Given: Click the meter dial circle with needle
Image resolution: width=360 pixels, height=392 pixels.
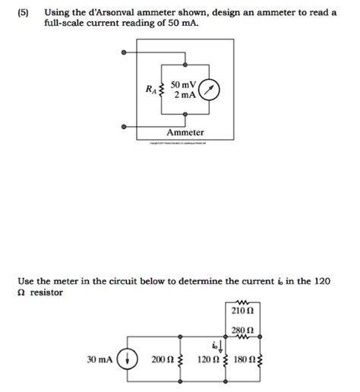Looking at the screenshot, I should [210, 90].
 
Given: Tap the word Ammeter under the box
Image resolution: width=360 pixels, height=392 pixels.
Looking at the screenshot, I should [185, 131].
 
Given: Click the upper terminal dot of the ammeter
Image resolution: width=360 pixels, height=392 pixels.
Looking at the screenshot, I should [124, 53].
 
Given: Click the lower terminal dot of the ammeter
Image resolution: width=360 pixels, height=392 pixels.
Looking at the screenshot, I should [124, 126].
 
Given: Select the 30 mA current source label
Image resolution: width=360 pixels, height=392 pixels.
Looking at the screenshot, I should [101, 359].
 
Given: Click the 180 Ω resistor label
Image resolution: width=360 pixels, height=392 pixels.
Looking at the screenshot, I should [247, 359].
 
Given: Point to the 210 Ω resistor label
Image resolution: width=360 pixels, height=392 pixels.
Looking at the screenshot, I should [242, 310].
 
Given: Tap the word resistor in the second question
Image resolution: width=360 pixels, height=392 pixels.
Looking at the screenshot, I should [47, 292].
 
